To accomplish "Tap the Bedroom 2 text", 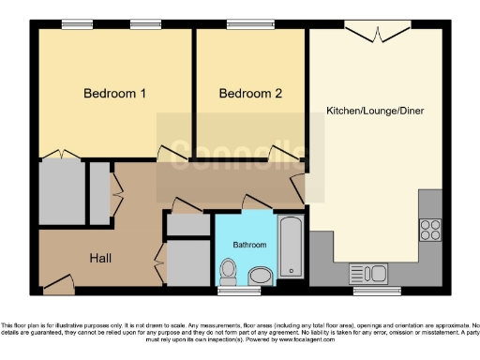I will pos(250,94).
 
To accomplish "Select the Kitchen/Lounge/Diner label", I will pos(375,111).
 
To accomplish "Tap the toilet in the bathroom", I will pos(228,272).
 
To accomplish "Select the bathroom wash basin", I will pos(261,275).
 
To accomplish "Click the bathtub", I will pos(290,247).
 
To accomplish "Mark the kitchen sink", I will pos(368,274).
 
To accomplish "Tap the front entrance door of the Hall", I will pos(59,279).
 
